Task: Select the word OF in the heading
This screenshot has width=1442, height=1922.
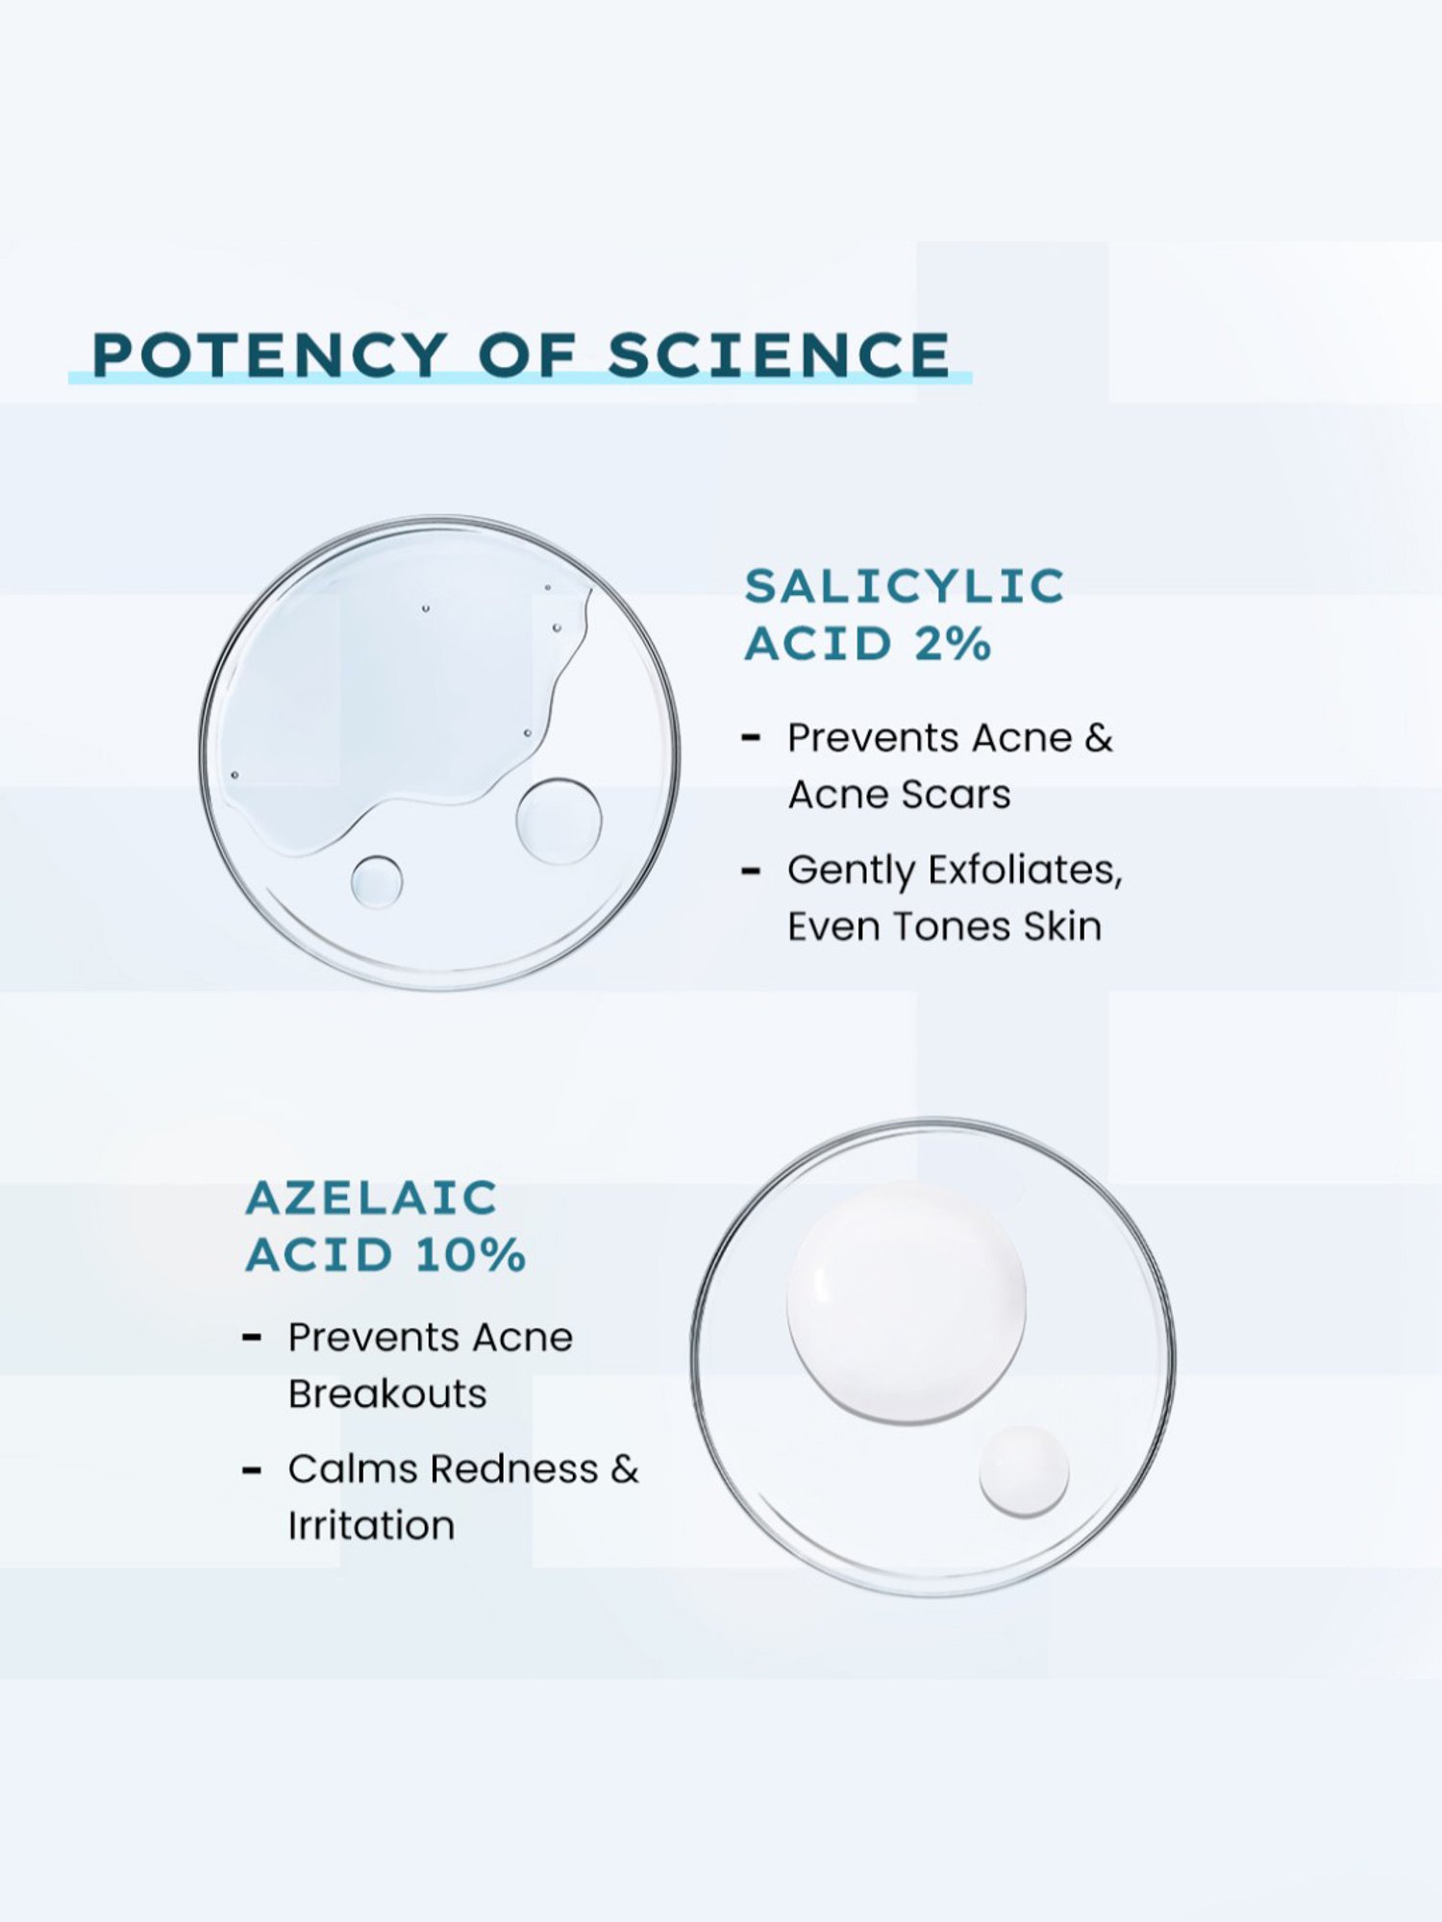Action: click(x=528, y=355)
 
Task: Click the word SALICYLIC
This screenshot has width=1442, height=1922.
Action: click(x=905, y=586)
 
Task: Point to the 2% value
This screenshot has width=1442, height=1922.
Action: click(x=952, y=644)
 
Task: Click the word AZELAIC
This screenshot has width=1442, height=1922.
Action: click(x=371, y=1198)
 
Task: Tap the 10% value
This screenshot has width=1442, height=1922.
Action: click(x=471, y=1255)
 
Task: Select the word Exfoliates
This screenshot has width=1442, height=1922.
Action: click(x=1025, y=870)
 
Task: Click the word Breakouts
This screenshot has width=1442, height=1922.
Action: click(x=387, y=1394)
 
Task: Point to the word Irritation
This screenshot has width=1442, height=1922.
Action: click(x=371, y=1526)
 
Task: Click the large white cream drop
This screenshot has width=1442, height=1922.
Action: click(x=907, y=1302)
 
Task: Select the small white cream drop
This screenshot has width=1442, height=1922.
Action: click(x=1024, y=1471)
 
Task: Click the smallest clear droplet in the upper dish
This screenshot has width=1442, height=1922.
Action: click(x=377, y=881)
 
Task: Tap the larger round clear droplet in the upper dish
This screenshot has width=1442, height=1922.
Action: click(x=559, y=821)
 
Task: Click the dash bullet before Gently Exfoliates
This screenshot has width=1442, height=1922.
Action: click(x=751, y=871)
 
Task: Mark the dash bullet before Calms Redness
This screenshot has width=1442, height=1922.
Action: click(x=252, y=1470)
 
